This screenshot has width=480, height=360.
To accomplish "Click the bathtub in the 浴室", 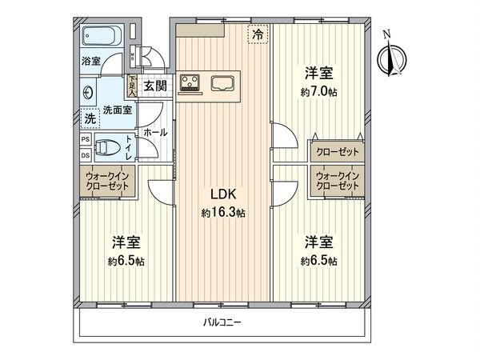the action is click(x=102, y=36).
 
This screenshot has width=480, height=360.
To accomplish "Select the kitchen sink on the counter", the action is click(x=222, y=83).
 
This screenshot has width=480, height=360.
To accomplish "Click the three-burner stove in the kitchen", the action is click(x=190, y=83).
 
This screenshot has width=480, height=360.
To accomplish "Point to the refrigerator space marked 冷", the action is click(x=258, y=34).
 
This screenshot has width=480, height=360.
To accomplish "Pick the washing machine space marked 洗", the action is click(x=90, y=118).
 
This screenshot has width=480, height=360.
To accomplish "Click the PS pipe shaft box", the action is click(x=86, y=139).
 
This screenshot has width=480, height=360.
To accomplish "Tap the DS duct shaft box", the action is click(x=86, y=155).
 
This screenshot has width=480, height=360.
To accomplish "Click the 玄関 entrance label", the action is click(x=155, y=86).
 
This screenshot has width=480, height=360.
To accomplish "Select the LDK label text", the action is click(x=223, y=194).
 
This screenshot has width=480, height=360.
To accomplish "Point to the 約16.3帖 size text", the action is click(x=223, y=213).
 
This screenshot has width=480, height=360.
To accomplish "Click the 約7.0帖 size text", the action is click(x=319, y=91).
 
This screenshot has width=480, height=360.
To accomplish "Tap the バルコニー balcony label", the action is click(x=222, y=322).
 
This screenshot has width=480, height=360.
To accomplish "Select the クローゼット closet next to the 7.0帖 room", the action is click(x=338, y=151).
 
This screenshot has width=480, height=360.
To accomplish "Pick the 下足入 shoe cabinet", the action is click(x=132, y=86).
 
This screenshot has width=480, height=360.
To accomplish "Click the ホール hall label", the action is click(x=155, y=133).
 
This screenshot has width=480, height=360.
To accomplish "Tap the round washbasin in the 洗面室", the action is click(x=89, y=93).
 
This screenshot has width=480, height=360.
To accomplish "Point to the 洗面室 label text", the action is click(x=118, y=110).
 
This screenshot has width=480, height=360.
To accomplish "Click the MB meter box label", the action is click(x=133, y=56).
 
